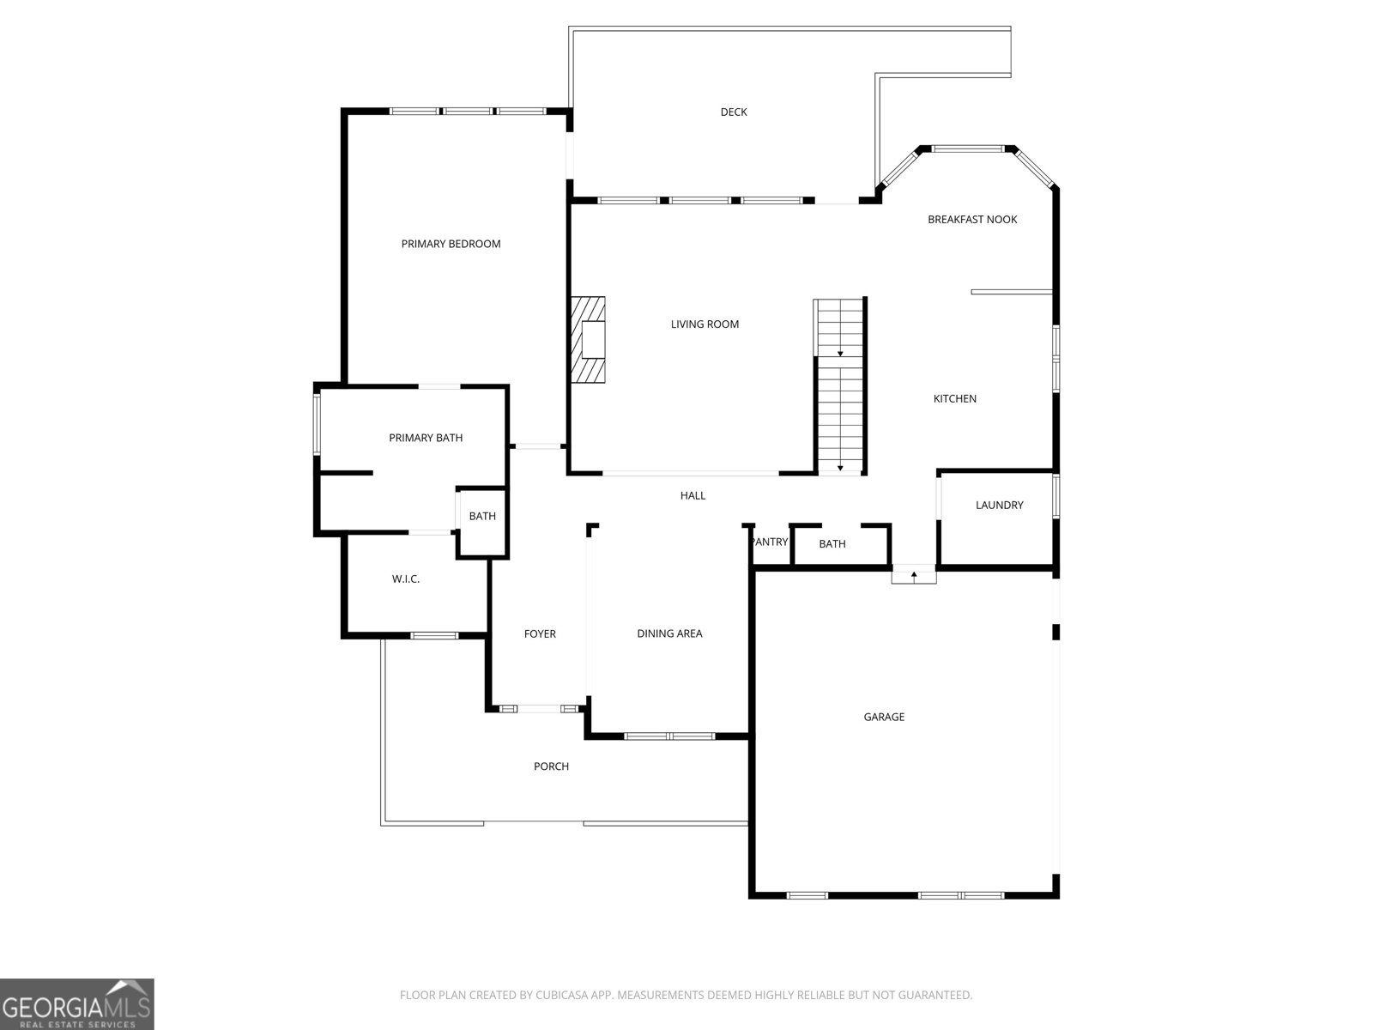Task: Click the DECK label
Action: point(733,112)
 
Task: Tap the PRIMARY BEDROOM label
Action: point(451,244)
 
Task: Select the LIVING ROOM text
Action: point(705,324)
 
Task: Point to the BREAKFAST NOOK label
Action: point(972,220)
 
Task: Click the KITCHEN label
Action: point(954,398)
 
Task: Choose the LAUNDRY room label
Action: point(999,505)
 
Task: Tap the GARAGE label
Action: point(884,717)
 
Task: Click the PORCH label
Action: point(551,766)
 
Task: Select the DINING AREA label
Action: point(669,633)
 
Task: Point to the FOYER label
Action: point(540,633)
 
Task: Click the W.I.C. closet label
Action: point(405,579)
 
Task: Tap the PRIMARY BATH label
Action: point(426,438)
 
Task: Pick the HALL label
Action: point(693,495)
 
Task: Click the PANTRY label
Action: point(771,542)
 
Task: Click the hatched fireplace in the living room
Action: point(587,340)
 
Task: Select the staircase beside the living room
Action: point(840,386)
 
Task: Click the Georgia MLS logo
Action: point(77,1004)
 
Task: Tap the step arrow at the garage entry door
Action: point(914,575)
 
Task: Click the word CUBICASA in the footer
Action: point(559,995)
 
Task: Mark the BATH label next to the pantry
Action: point(832,544)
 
